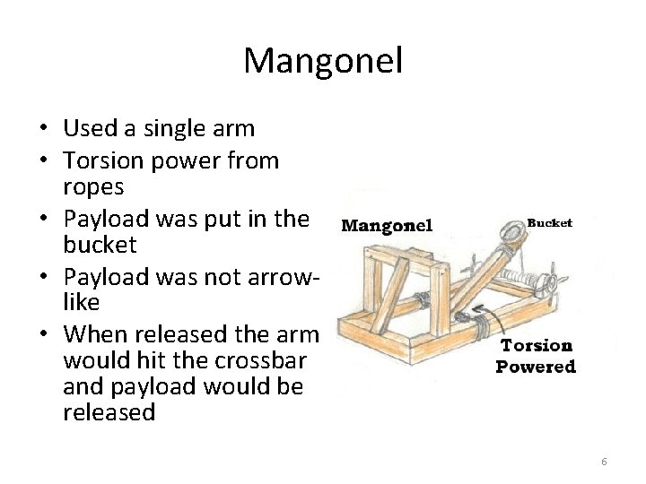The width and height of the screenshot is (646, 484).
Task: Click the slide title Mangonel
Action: point(323,61)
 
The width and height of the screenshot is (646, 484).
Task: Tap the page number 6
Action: point(604,462)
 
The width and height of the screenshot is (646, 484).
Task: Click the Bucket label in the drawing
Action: point(548,223)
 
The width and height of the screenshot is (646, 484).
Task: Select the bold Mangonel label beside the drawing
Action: point(387,225)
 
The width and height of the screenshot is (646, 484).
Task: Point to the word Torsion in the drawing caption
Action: point(536,345)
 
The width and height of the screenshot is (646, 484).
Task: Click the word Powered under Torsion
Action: point(536,366)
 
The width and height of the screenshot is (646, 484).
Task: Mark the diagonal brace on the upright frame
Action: point(391,291)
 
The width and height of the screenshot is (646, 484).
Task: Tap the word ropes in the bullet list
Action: point(93,187)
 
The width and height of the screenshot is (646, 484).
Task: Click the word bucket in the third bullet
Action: point(100,244)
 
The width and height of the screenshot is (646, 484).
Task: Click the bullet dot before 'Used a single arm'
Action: point(43,129)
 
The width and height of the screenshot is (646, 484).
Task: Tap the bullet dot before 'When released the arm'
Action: point(43,334)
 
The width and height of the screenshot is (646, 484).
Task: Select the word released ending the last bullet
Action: point(109,412)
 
